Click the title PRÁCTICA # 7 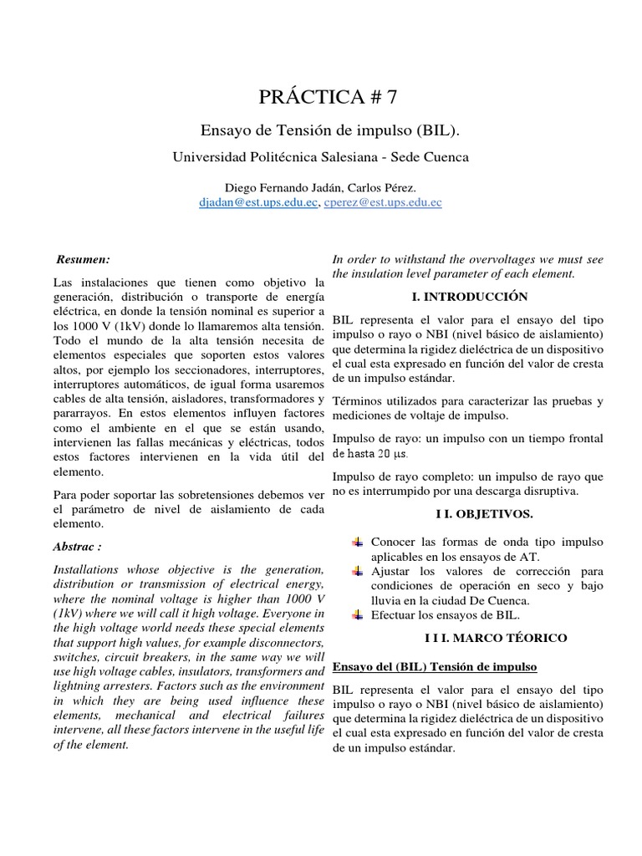(x=321, y=98)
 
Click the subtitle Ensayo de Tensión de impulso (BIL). (x=321, y=131)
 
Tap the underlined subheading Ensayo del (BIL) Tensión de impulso (x=434, y=666)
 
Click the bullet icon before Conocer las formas (x=358, y=542)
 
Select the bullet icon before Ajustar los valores (x=358, y=571)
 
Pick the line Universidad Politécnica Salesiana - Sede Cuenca (x=321, y=157)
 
